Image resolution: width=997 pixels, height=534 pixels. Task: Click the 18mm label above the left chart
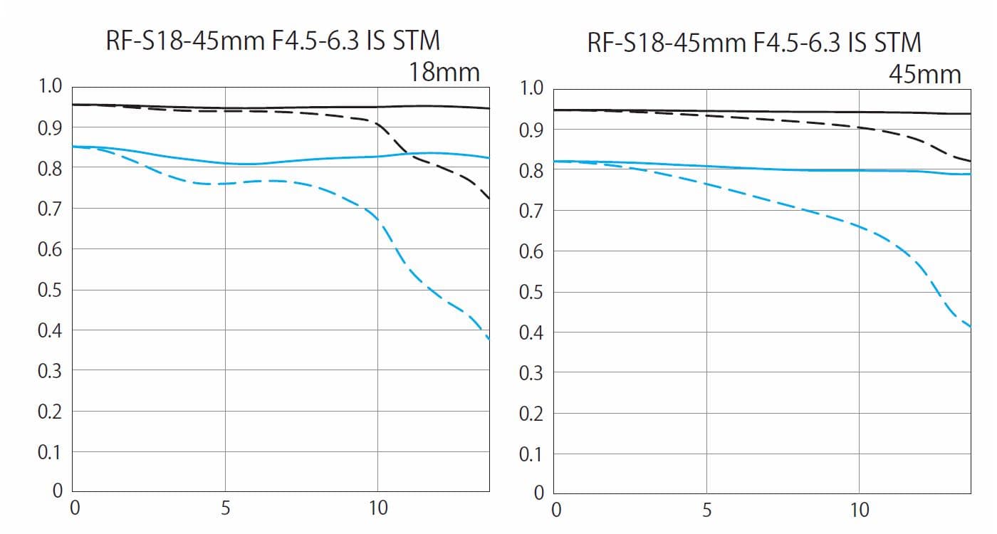[444, 72]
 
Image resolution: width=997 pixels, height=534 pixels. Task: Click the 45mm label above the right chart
[925, 74]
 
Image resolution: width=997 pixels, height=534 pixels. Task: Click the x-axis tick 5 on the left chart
[225, 508]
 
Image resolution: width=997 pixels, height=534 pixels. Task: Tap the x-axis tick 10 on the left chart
[377, 508]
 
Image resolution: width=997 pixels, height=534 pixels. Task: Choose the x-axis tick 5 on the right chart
[706, 511]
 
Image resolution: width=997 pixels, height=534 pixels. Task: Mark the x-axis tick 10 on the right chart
[860, 511]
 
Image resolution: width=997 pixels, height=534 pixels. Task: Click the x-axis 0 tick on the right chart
[557, 511]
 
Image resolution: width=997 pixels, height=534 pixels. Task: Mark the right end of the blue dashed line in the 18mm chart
[489, 339]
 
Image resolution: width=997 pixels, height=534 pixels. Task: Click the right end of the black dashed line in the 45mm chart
[970, 161]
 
